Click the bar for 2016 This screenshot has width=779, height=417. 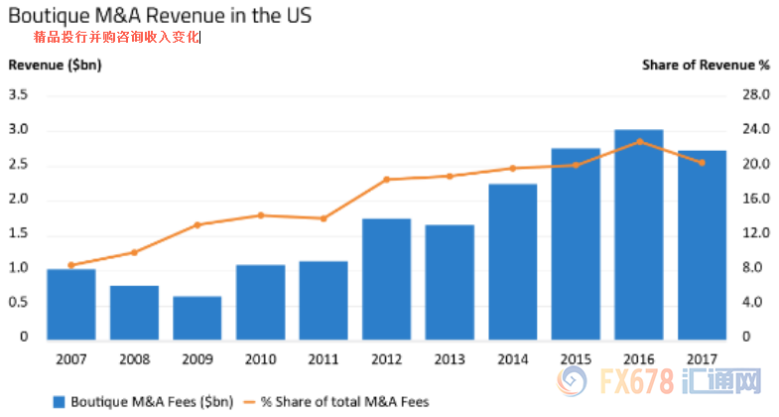(639, 233)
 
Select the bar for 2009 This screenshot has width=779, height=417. (197, 317)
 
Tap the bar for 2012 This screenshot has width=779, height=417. (387, 278)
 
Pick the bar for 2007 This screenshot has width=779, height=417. (71, 303)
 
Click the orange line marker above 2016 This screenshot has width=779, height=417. (639, 141)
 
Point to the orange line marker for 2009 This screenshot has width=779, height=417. (197, 224)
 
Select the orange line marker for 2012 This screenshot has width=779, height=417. (387, 180)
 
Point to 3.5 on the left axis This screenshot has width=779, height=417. (18, 95)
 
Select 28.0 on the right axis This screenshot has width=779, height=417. (755, 95)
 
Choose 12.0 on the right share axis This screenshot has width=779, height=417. (755, 233)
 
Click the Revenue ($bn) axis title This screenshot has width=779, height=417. (56, 66)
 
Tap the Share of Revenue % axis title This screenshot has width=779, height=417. (706, 66)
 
